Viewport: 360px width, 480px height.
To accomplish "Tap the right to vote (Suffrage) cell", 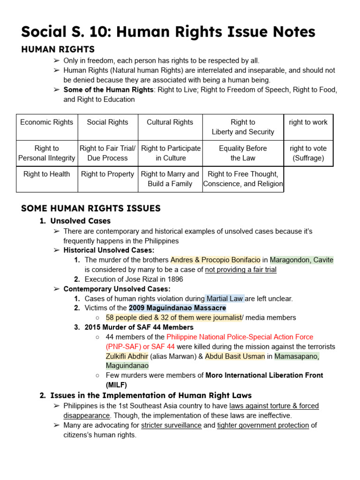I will click(308, 153).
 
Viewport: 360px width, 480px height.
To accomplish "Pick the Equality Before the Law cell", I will click(243, 153).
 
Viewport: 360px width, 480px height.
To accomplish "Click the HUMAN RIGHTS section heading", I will click(58, 49).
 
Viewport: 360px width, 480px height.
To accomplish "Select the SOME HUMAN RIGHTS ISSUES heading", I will click(90, 208).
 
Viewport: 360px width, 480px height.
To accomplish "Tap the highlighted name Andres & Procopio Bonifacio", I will click(215, 260).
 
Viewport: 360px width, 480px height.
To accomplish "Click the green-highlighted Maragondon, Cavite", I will click(301, 260).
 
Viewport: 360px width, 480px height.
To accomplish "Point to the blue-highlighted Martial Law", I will click(225, 298).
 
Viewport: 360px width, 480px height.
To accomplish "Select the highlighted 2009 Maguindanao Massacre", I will click(177, 308).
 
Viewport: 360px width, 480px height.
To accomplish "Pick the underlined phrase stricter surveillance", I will click(171, 425).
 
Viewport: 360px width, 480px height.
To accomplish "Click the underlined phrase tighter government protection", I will click(263, 425).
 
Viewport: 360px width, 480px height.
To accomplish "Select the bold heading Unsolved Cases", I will click(81, 221).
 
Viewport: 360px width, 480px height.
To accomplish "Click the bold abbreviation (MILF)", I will click(117, 385).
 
